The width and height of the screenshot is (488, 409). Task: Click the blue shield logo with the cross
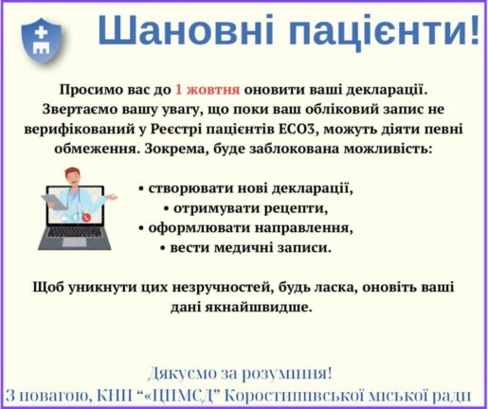click(x=41, y=41)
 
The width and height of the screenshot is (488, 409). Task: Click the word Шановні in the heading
click(x=186, y=30)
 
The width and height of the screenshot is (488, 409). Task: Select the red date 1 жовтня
click(x=208, y=90)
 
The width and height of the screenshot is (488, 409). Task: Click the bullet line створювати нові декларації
click(x=246, y=188)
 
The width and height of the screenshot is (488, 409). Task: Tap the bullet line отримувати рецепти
click(x=246, y=208)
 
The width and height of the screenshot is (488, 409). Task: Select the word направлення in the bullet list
click(x=304, y=228)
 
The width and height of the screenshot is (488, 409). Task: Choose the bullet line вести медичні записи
click(x=246, y=248)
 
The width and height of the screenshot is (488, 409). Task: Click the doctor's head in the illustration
click(x=72, y=177)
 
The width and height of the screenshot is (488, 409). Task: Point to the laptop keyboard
click(x=75, y=232)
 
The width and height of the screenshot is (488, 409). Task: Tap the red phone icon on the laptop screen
click(x=86, y=217)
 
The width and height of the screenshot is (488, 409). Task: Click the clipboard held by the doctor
click(x=54, y=201)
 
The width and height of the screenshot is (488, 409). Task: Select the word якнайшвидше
click(x=259, y=307)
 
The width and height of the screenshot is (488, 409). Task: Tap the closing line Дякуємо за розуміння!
click(x=240, y=373)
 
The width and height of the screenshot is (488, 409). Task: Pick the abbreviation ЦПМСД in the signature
click(x=180, y=396)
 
